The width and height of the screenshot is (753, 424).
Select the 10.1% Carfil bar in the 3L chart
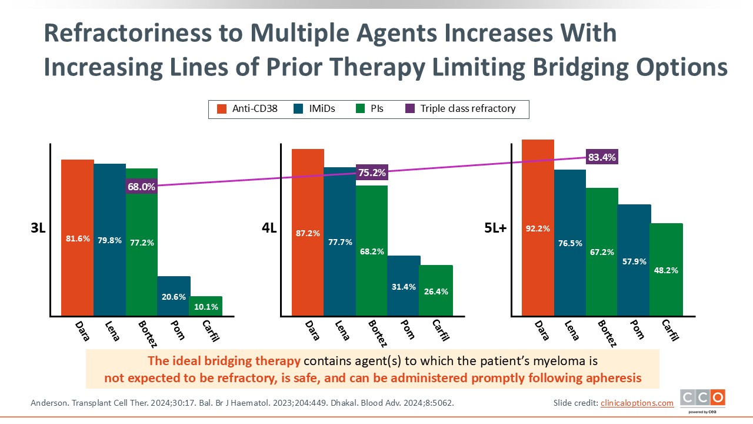205,306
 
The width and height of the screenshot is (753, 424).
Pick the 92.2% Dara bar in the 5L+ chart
538,227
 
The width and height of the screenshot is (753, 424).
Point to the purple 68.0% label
141,187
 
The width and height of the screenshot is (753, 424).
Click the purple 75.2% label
372,173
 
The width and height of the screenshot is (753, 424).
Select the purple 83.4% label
602,157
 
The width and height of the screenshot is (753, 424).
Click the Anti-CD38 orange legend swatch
222,109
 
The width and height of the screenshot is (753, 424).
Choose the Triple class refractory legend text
468,109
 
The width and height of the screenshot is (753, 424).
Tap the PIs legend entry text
376,109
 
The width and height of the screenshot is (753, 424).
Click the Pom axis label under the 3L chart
178,330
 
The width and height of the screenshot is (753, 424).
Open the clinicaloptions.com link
637,403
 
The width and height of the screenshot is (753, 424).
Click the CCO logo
702,399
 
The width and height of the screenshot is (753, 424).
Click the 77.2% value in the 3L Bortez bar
142,243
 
